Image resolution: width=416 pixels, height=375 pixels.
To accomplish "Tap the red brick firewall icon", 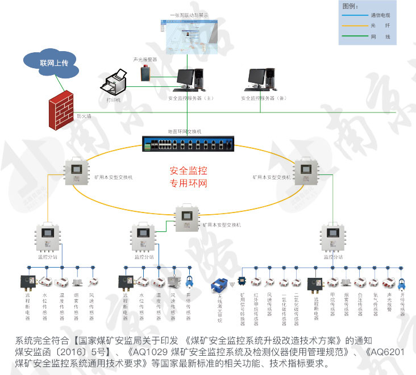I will pyautogui.click(x=60, y=110).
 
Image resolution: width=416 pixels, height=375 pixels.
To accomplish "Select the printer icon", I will pyautogui.click(x=114, y=83).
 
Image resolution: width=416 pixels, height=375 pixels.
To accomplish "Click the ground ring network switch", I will pyautogui.click(x=188, y=143).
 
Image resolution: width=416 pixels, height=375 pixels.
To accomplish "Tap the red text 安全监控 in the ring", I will pyautogui.click(x=188, y=170).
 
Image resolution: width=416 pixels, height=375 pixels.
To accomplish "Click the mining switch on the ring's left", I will pyautogui.click(x=77, y=171).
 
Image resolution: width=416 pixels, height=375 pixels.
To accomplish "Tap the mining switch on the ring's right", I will pyautogui.click(x=307, y=171).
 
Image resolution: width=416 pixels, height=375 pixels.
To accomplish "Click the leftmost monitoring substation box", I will pyautogui.click(x=48, y=238).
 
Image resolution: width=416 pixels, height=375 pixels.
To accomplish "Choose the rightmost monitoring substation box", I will pyautogui.click(x=334, y=238).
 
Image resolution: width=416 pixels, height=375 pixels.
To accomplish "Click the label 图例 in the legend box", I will pyautogui.click(x=350, y=6).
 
